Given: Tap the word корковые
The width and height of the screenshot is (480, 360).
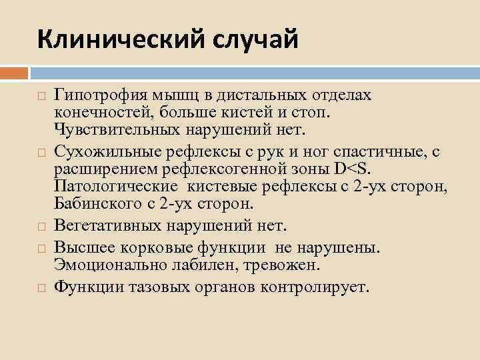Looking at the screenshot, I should pyautogui.click(x=146, y=248).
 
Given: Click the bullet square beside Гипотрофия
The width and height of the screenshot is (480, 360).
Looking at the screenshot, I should pyautogui.click(x=41, y=97).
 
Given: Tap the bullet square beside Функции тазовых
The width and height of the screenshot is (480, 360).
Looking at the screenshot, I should pyautogui.click(x=41, y=288).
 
